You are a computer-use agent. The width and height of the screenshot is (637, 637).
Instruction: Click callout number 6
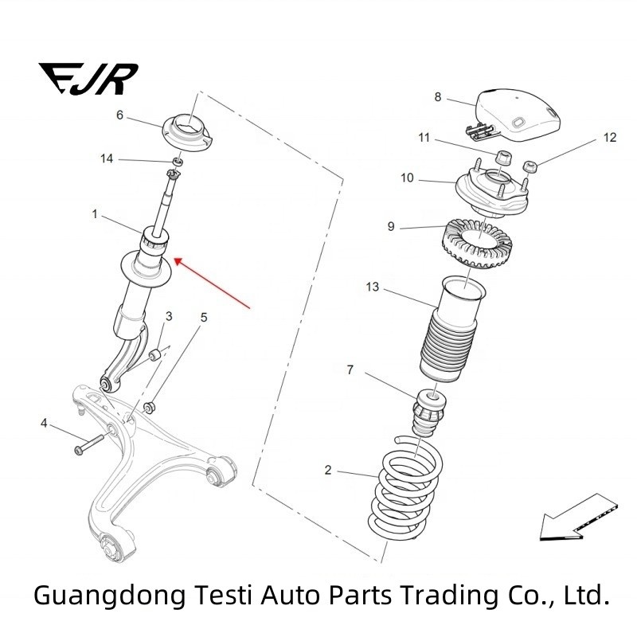[x=120, y=115]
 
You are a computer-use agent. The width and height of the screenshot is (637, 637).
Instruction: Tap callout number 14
[x=107, y=159]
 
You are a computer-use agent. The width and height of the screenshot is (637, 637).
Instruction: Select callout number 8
[x=437, y=97]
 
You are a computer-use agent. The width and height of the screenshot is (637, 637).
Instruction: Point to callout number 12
[x=610, y=138]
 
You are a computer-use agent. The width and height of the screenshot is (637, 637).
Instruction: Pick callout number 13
[x=372, y=287]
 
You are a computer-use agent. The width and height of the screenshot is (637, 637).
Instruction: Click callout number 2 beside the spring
[x=328, y=471]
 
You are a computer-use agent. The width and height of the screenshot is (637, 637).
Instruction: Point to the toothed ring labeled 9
[x=475, y=240]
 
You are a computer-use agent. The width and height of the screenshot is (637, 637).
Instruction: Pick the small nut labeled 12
[x=529, y=166]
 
